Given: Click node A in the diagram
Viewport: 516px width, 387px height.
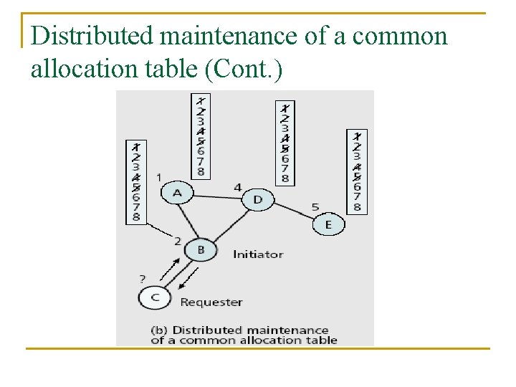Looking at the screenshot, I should [x=177, y=193].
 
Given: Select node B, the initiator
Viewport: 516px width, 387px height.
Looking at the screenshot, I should [x=201, y=249].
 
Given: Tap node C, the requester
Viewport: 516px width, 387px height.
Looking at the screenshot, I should [x=155, y=296].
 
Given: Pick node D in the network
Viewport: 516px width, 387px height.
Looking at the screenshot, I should [x=258, y=199].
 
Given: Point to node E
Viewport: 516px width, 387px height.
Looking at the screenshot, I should [x=328, y=224].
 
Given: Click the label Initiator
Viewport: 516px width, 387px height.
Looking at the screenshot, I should [x=258, y=254].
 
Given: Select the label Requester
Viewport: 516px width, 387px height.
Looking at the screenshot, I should [x=211, y=302].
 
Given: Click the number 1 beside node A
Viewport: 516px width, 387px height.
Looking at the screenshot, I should [x=158, y=176].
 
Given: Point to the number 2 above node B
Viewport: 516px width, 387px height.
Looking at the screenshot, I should [x=177, y=241].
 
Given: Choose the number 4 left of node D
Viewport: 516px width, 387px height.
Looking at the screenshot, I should [x=237, y=187].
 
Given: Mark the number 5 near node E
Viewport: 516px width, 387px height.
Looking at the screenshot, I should [x=315, y=207].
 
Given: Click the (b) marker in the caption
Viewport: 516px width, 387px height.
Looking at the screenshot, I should [x=160, y=330].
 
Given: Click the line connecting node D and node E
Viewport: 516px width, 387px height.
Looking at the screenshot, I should [x=294, y=211].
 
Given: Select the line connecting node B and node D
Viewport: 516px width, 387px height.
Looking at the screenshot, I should [x=229, y=224].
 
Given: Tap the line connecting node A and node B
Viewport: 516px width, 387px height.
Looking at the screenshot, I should [x=188, y=220].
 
